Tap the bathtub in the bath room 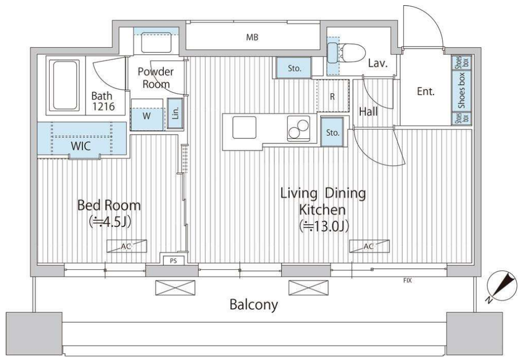pos(65,85)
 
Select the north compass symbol pos(502,285)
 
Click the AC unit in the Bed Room pos(126,246)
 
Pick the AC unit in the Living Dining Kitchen pos(369,246)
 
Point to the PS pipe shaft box pos(173,261)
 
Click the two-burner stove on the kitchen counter pos(298,129)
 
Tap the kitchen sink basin pos(244,127)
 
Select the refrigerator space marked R pos(333,96)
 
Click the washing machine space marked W pos(147,116)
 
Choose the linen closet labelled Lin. pos(175,114)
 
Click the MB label pos(252,37)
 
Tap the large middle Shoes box pos(461,91)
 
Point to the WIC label pos(81,146)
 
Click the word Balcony pos(253,305)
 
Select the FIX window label pos(407,280)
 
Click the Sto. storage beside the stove pos(333,132)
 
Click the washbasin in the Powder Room pos(156,42)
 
